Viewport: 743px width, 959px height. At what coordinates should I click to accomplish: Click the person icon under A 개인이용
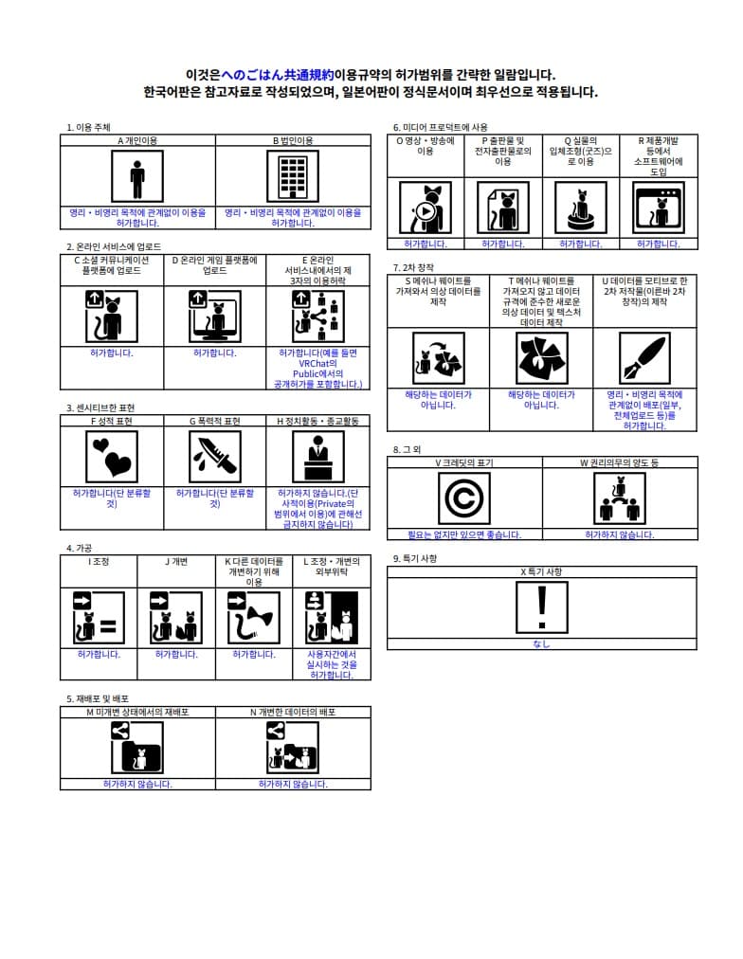click(137, 176)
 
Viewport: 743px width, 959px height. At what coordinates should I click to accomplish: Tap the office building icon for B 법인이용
click(293, 176)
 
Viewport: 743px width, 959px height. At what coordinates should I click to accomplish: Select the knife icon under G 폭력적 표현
click(214, 456)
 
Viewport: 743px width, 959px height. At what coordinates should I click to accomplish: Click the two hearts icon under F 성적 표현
click(112, 456)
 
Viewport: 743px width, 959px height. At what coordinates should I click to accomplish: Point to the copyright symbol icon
click(464, 498)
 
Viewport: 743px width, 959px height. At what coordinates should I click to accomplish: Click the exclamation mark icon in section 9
click(542, 606)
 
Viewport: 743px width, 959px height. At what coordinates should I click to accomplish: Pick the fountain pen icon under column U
click(644, 358)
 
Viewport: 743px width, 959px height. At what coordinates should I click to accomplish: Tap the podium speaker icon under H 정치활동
click(318, 456)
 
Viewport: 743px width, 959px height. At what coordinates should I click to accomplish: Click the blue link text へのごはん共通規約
click(277, 75)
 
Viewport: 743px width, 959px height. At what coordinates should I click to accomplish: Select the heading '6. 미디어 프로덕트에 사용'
click(441, 127)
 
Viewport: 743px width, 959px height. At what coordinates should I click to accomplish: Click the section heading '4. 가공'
click(79, 548)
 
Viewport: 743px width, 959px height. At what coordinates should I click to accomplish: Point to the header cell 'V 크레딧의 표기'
click(464, 462)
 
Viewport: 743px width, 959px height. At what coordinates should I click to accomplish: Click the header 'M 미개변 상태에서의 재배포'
click(137, 712)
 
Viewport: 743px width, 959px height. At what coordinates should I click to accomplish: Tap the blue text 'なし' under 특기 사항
click(541, 644)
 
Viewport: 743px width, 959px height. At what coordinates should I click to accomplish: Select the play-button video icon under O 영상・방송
click(426, 208)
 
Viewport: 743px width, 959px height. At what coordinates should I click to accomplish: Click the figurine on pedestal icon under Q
click(580, 208)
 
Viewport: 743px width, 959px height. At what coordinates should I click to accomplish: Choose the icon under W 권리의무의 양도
click(620, 498)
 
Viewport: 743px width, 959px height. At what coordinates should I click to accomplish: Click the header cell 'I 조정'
click(99, 561)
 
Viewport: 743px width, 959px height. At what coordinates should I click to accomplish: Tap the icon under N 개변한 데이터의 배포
click(293, 748)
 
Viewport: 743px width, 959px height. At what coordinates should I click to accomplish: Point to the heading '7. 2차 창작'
click(413, 267)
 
